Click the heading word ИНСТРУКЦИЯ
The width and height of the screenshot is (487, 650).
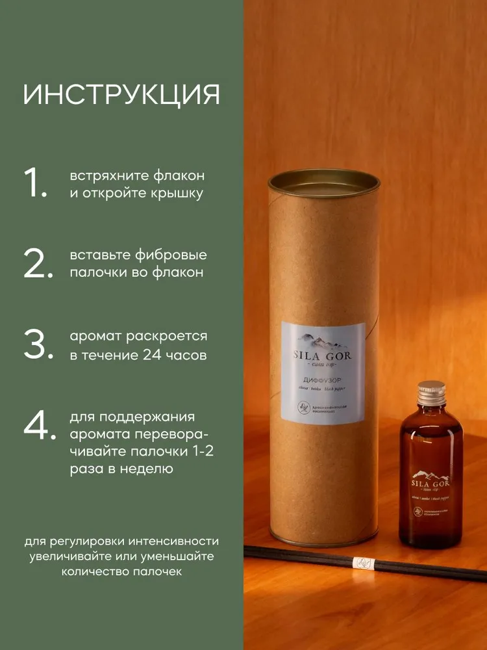[121, 94]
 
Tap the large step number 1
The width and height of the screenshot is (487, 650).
[35, 183]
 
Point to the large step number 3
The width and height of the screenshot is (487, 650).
[36, 345]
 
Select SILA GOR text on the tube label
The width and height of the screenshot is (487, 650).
[323, 357]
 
